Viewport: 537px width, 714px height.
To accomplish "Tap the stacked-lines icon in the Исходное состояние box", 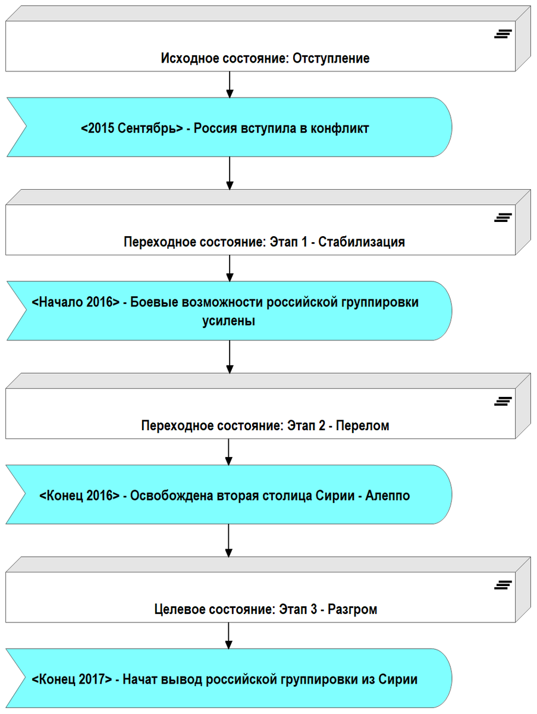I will pyautogui.click(x=503, y=34).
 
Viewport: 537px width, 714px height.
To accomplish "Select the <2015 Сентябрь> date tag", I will pyautogui.click(x=132, y=128).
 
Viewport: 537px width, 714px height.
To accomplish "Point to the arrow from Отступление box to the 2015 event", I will pyautogui.click(x=230, y=84).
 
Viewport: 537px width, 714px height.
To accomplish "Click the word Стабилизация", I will pyautogui.click(x=362, y=242).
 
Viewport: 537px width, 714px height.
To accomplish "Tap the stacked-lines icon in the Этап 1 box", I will pyautogui.click(x=503, y=218).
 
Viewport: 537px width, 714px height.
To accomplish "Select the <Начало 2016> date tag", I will pyautogui.click(x=75, y=302).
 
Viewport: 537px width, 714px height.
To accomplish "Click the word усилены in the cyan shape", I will pyautogui.click(x=229, y=321).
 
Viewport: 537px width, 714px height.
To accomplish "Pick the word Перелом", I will pyautogui.click(x=362, y=426).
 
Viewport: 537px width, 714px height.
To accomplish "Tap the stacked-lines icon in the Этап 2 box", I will pyautogui.click(x=503, y=401).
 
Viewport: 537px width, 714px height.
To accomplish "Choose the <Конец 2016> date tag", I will pyautogui.click(x=80, y=495).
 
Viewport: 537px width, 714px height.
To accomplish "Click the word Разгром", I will pyautogui.click(x=352, y=610).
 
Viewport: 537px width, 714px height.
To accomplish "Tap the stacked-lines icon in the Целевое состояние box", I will pyautogui.click(x=503, y=585).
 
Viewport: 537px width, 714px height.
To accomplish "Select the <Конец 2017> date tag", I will pyautogui.click(x=71, y=679).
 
